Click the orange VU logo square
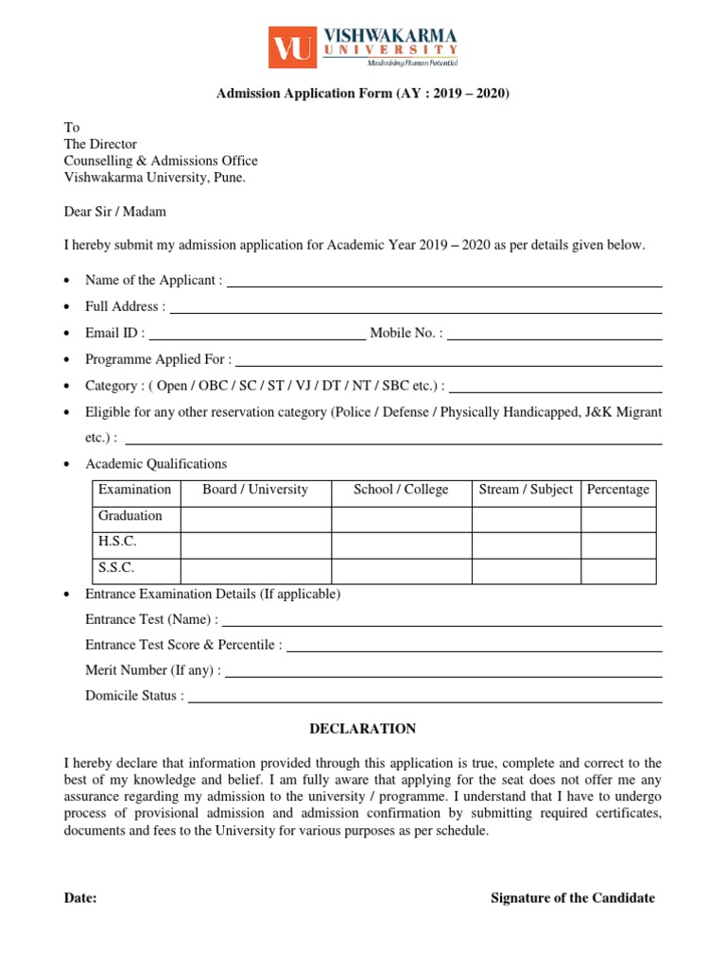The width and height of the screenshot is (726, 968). pos(292,47)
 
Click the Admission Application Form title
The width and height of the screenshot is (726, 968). pos(363,94)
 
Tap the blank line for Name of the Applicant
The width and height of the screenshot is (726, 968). pos(444,284)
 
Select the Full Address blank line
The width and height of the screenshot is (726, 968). pos(416,310)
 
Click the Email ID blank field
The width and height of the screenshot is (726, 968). pos(257,336)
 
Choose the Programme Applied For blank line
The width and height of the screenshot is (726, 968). pos(449,363)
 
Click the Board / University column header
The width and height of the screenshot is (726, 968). pos(255,490)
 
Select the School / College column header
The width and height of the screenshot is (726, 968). pos(401,490)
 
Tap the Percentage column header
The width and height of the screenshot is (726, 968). pos(618,490)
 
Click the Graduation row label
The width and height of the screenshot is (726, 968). pos(130,516)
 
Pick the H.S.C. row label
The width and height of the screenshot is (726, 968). pos(118,542)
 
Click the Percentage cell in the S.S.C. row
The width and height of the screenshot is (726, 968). pos(618,570)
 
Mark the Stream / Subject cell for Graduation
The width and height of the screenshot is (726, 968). pos(526,519)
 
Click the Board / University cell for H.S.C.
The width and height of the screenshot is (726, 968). pos(255,544)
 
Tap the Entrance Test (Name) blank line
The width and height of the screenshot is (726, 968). pos(441,623)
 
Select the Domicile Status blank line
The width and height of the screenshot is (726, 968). pos(424,700)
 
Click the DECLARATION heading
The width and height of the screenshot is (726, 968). pos(363,729)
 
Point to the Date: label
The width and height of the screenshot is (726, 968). pos(80,898)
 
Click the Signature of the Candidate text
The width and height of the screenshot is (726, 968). pos(572,898)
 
